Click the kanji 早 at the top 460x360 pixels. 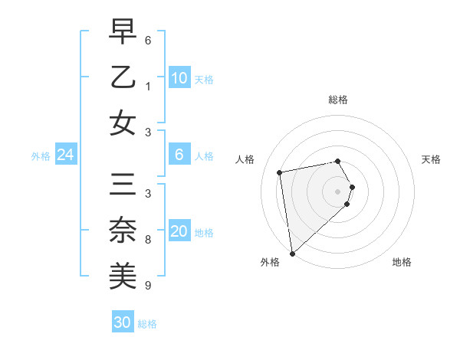123,32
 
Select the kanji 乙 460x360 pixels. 123,77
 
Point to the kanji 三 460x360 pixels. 123,185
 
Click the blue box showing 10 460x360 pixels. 179,77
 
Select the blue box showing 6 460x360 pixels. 179,155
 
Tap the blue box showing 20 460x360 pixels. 179,231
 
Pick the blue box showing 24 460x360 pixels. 65,155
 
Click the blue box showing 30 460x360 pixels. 122,322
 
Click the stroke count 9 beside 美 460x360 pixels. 148,286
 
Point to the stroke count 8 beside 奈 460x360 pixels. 148,240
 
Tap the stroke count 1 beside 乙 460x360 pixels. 148,87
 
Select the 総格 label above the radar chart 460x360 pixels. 338,100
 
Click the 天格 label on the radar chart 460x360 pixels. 431,159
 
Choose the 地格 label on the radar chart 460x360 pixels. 402,262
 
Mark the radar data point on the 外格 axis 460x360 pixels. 292,253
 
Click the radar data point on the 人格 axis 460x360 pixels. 280,172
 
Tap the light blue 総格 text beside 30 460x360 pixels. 147,324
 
